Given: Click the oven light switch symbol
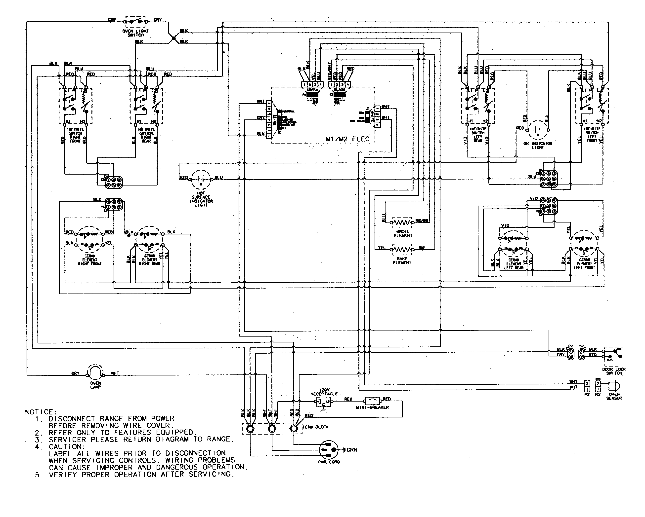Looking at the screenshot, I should point(135,22).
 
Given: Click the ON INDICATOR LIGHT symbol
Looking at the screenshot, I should point(538,130).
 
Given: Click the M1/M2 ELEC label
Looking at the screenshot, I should point(347,139).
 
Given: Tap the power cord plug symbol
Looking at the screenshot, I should point(329,450).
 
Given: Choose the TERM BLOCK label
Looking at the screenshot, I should point(316,427).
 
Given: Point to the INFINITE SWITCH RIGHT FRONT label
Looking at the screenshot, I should point(75,135).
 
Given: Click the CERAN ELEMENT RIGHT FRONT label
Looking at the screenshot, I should point(90,260).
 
